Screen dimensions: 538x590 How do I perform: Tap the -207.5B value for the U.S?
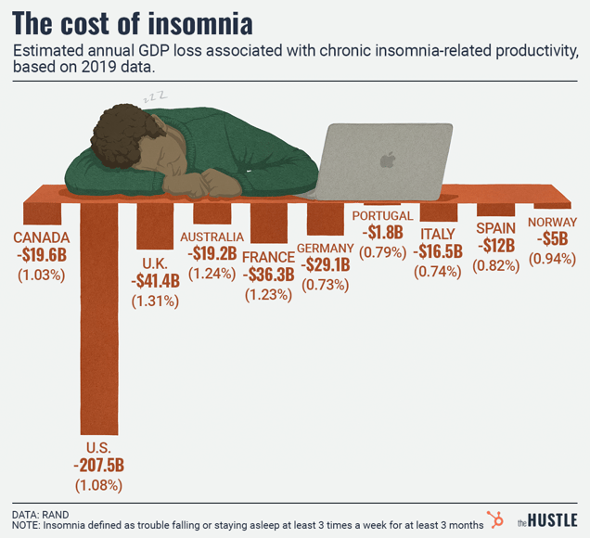[x=98, y=465]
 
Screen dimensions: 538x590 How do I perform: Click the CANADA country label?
[x=41, y=237]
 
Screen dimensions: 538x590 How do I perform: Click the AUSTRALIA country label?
[x=212, y=237]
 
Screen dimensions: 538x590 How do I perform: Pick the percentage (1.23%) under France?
[x=268, y=294]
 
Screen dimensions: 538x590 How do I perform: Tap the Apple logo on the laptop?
[x=387, y=160]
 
